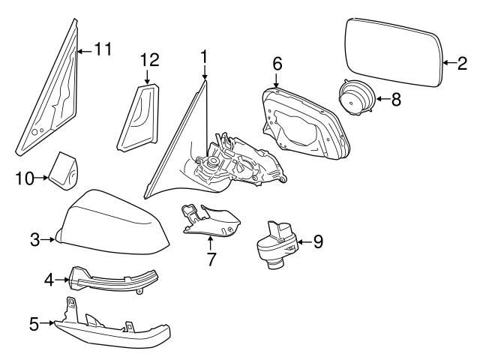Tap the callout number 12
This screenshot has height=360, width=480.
click(149, 59)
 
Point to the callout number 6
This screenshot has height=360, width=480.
click(277, 64)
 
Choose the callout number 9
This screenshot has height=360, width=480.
click(317, 241)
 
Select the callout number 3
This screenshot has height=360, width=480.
click(34, 240)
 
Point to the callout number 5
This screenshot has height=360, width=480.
click(34, 324)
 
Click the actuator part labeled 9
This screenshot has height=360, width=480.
click(277, 241)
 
